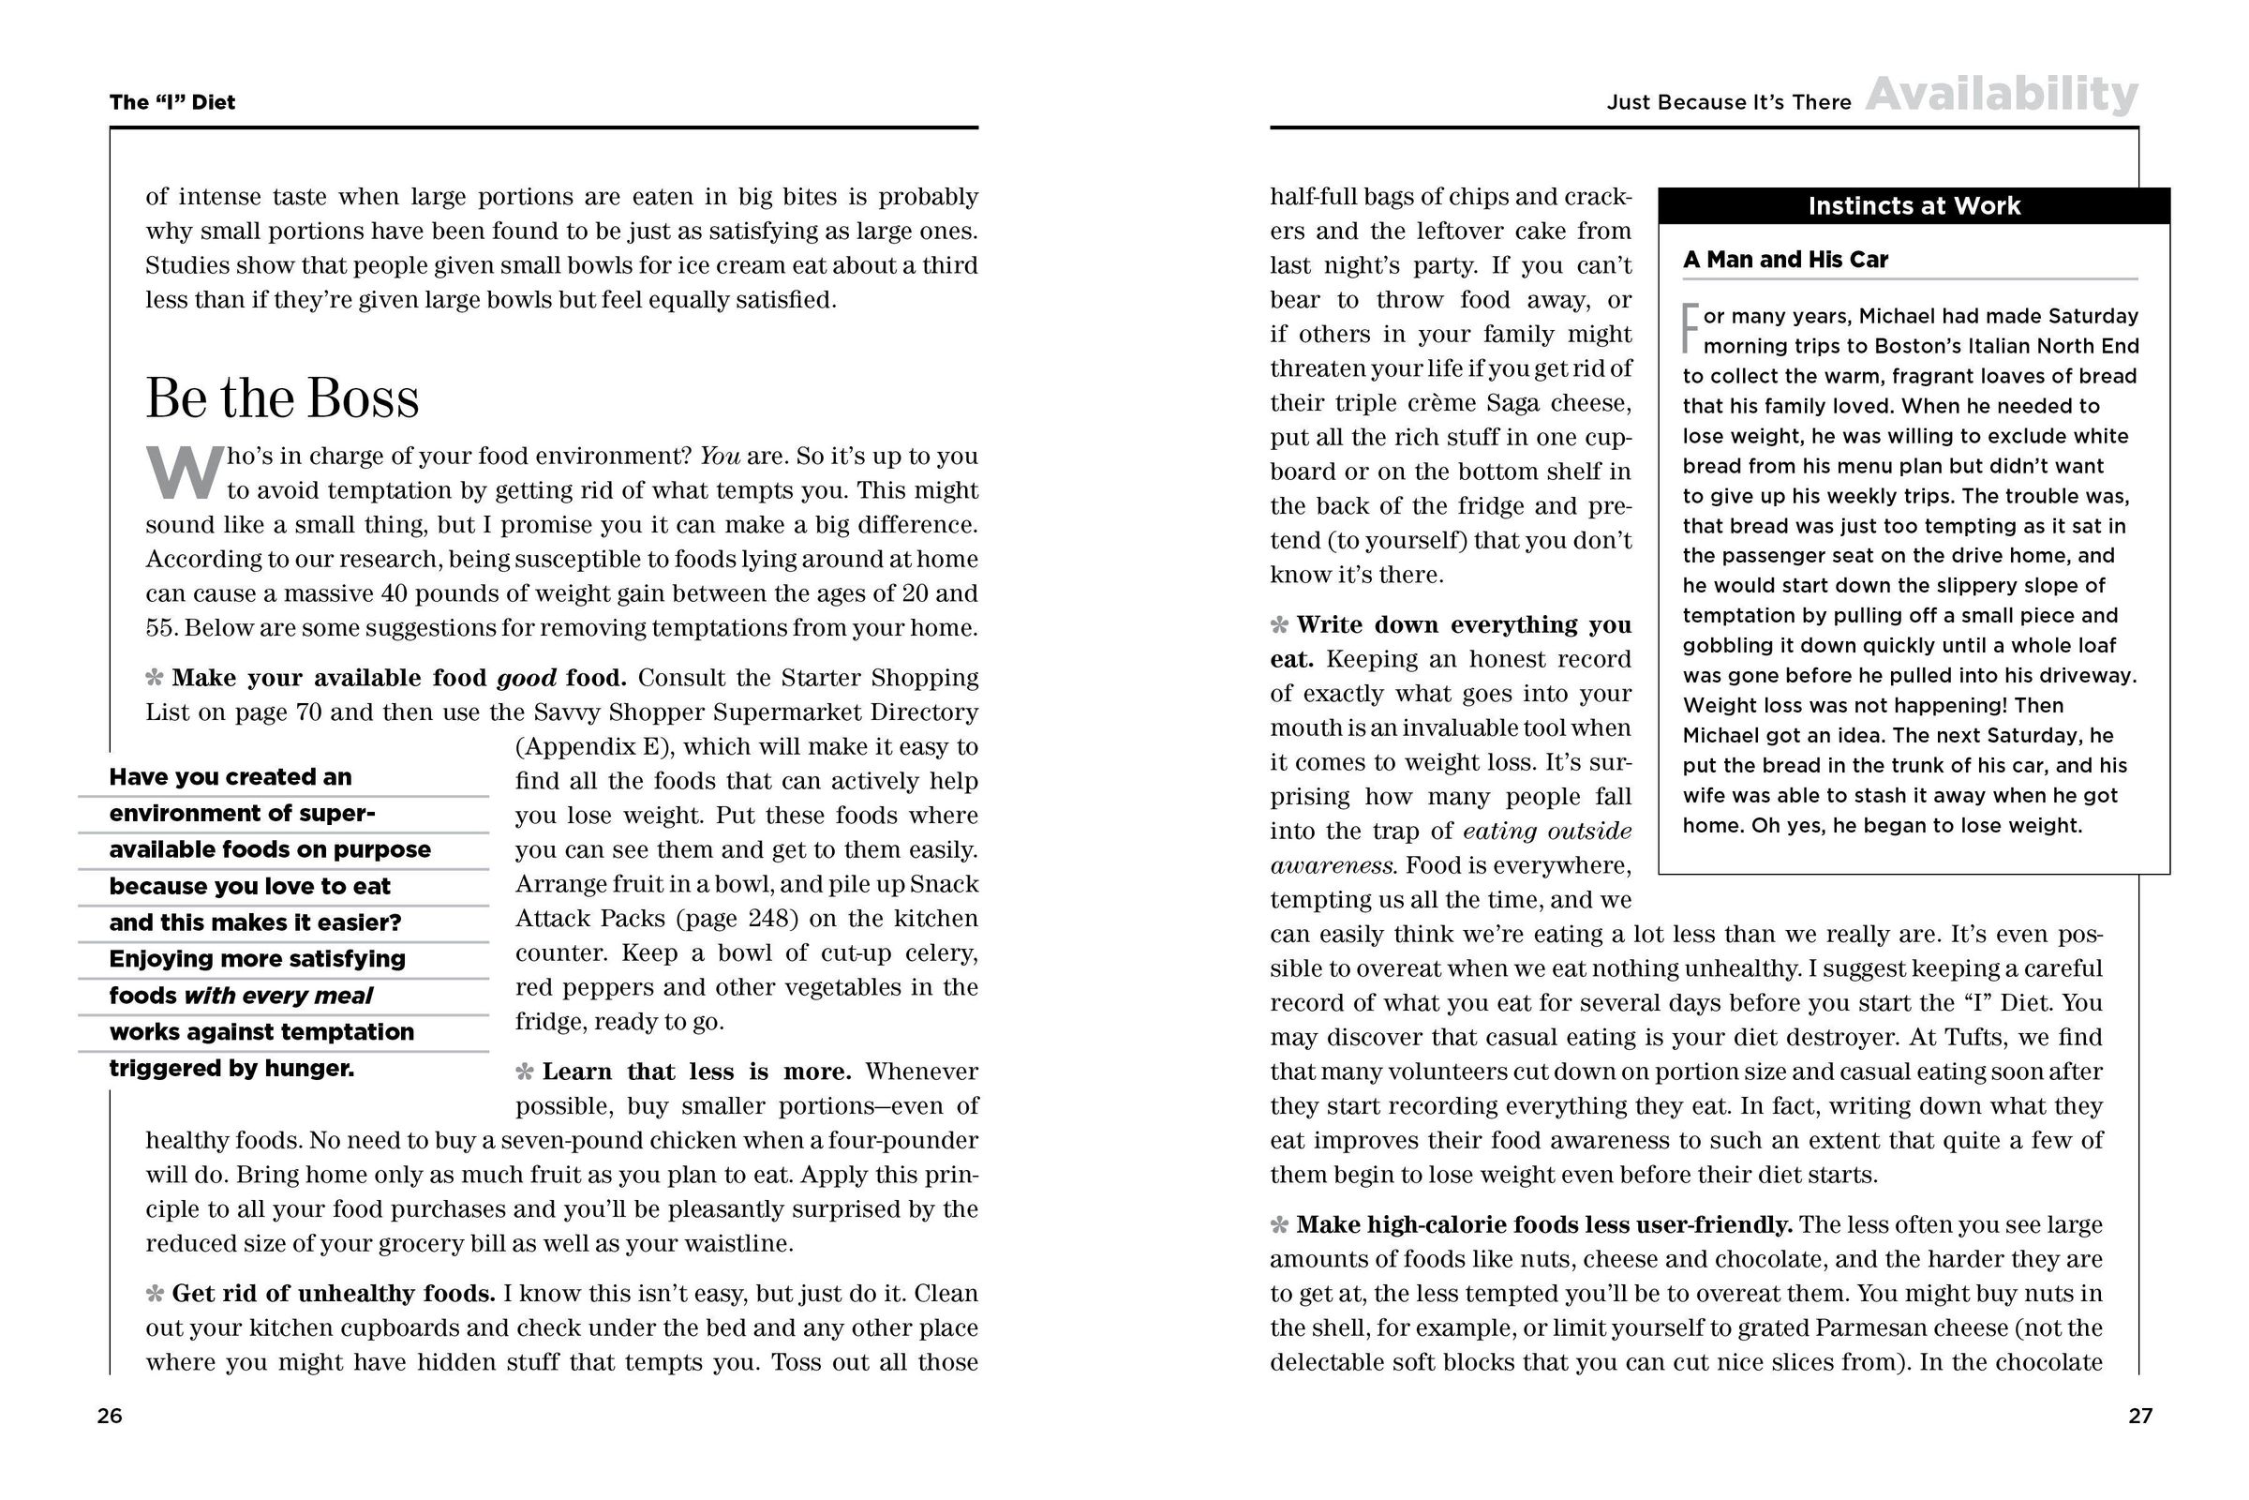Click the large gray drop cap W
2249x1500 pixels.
click(x=184, y=473)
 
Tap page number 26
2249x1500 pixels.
click(x=109, y=1416)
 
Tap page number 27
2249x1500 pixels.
click(x=2140, y=1416)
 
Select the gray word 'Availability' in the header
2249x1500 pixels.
click(x=2002, y=95)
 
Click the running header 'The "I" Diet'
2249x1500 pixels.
click(x=172, y=102)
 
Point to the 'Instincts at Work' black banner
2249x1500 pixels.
click(x=1914, y=205)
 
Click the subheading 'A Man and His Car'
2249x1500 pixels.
click(x=1785, y=260)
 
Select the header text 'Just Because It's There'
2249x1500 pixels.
click(x=1729, y=102)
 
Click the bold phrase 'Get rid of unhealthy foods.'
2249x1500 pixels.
click(x=334, y=1294)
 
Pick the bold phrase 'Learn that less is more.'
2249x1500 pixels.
click(x=697, y=1072)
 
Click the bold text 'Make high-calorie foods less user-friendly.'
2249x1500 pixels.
click(x=1544, y=1224)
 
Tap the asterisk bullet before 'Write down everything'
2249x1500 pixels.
click(x=1279, y=625)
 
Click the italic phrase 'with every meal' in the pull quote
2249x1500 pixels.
click(x=278, y=996)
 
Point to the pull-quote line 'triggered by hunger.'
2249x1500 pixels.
click(x=231, y=1069)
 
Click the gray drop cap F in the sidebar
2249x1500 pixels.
click(x=1690, y=328)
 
